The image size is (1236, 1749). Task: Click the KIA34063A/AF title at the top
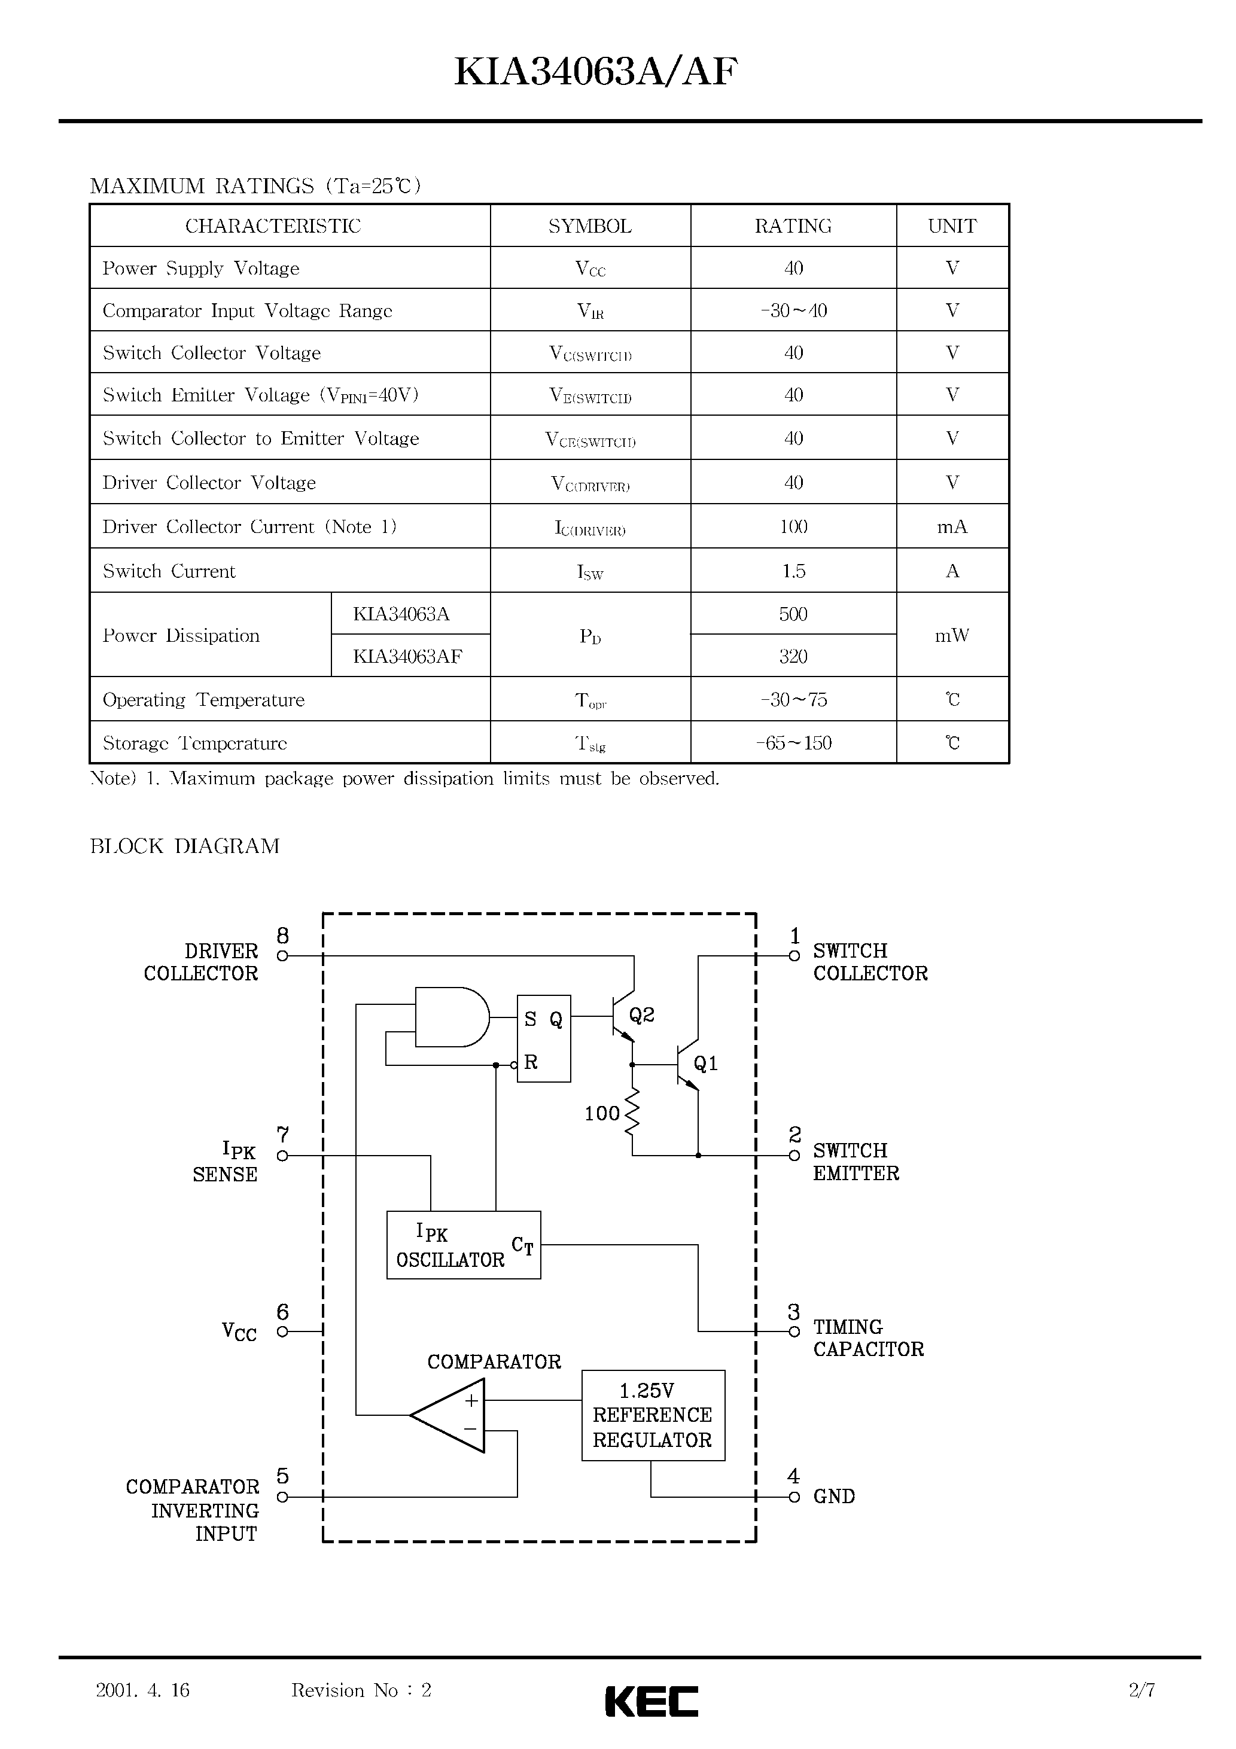596,73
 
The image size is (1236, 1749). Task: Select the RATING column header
793,226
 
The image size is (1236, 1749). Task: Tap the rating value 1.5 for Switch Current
793,571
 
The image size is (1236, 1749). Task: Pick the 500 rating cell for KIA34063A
793,614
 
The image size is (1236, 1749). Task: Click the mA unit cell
952,527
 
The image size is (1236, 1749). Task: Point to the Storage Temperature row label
194,744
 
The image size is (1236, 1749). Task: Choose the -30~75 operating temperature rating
793,700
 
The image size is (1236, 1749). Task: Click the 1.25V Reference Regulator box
652,1415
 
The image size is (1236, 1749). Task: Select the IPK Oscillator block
463,1245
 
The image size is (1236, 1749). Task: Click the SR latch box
543,1038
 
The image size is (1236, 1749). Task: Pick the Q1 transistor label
705,1064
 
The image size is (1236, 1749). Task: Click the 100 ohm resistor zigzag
632,1114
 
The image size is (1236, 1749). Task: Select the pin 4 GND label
833,1497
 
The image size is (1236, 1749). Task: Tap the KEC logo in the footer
652,1701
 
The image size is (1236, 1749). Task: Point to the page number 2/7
1141,1690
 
